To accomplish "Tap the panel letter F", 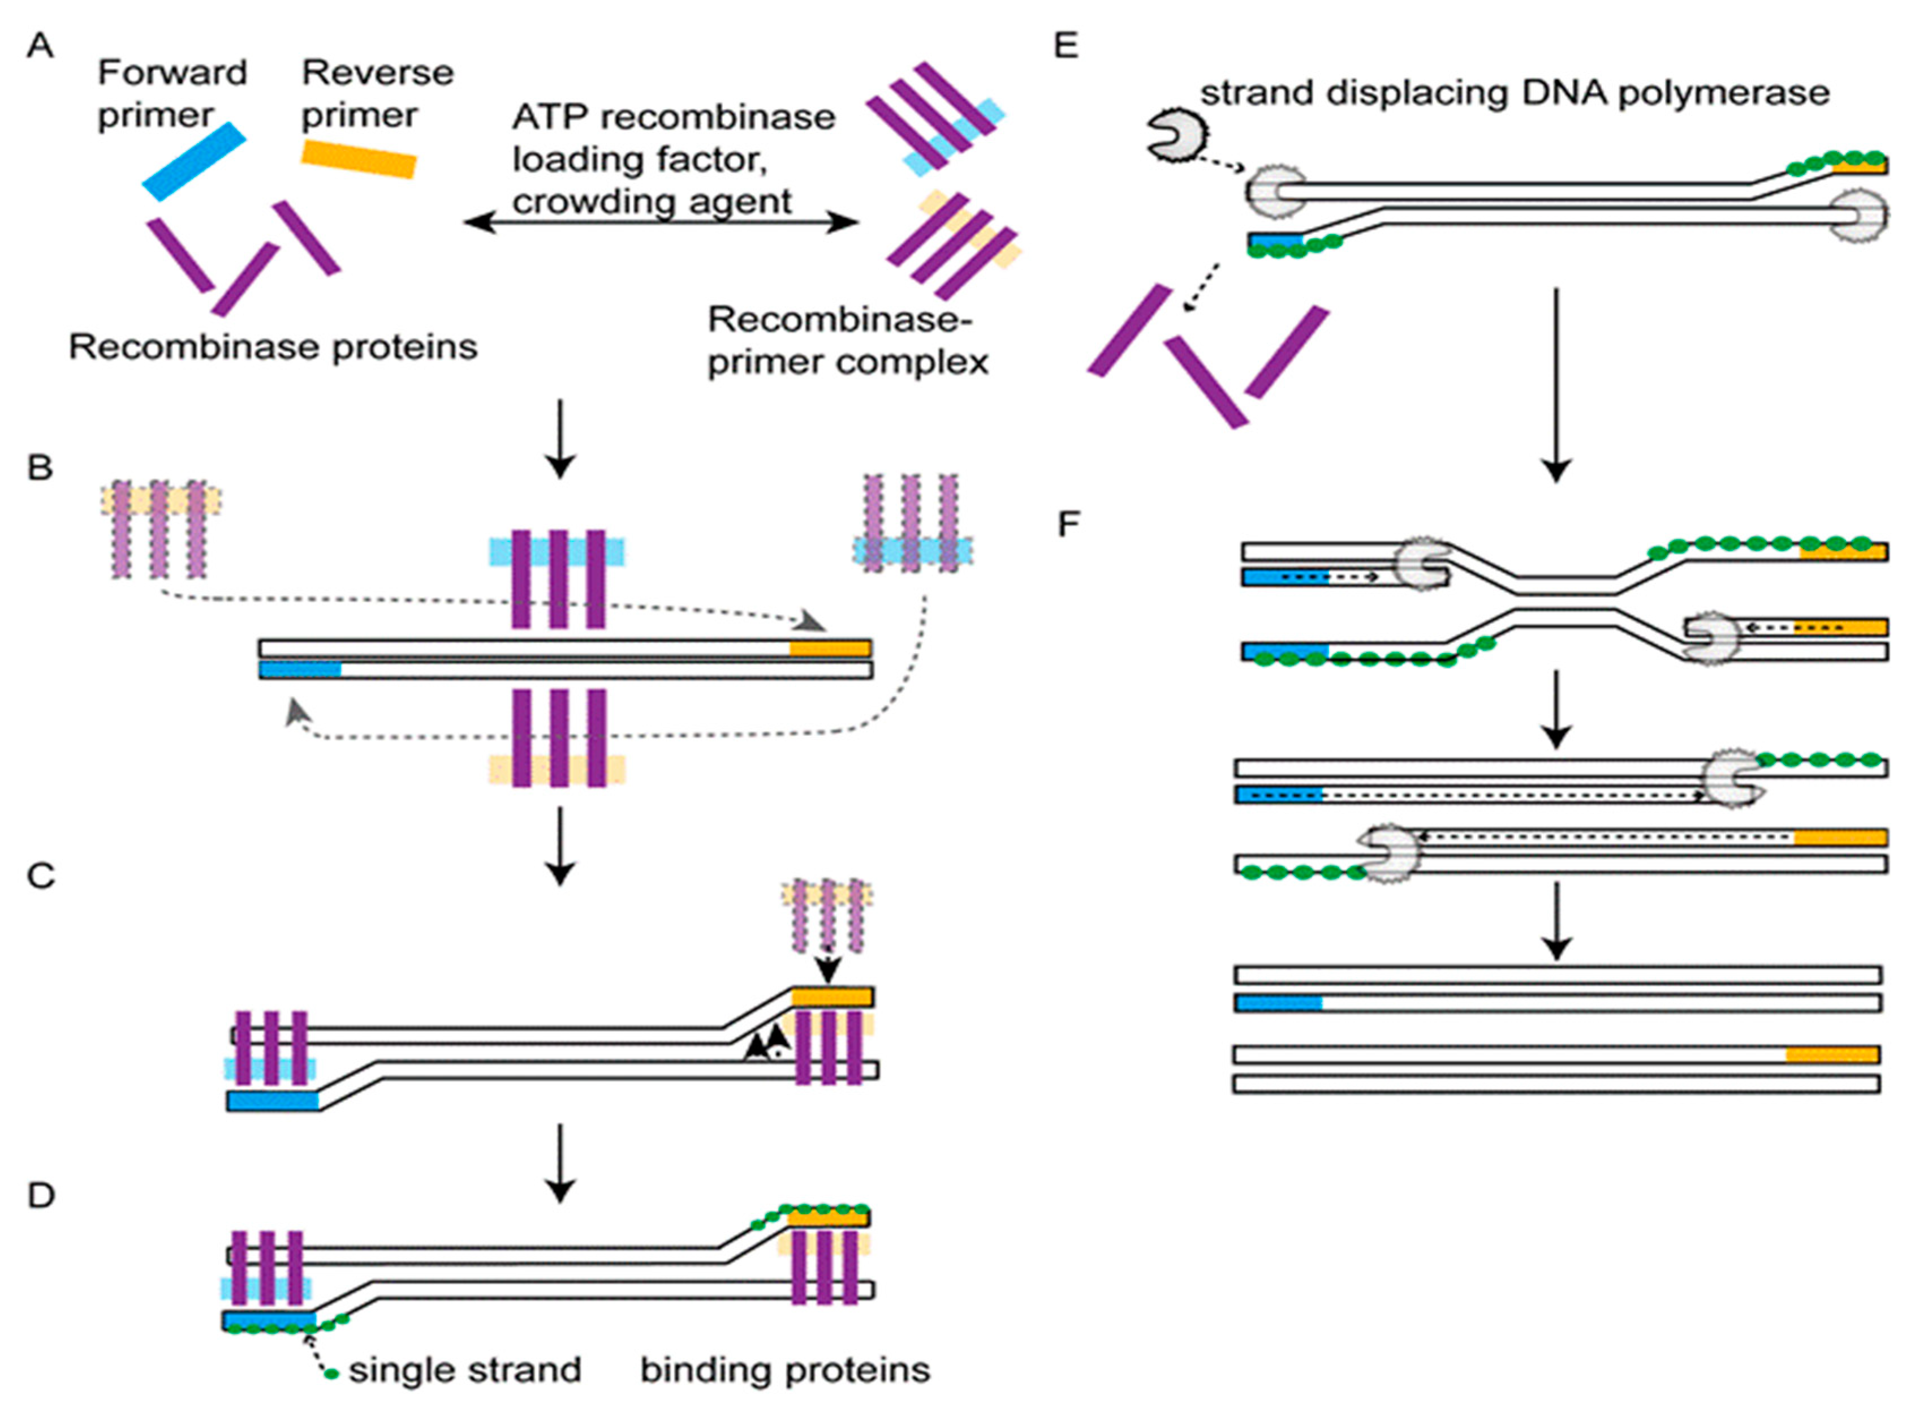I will (1068, 523).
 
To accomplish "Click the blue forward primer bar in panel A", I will (194, 161).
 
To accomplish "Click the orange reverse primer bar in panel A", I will (359, 160).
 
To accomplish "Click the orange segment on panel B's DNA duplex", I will (830, 649).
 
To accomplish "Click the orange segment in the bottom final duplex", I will (1831, 1055).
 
